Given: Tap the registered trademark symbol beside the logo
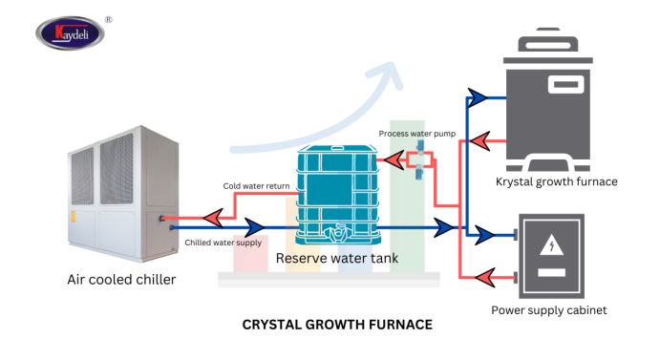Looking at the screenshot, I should (x=108, y=17).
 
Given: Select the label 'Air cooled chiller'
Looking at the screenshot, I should (x=121, y=280).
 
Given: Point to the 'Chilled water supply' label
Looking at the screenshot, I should (x=223, y=244).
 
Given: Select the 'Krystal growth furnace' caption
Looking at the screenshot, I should (x=556, y=181).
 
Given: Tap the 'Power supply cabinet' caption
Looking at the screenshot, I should (x=548, y=310).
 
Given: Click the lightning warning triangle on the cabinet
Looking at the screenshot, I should (x=550, y=245).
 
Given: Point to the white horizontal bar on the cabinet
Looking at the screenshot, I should (x=550, y=272).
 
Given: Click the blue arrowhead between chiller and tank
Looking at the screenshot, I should (x=253, y=228).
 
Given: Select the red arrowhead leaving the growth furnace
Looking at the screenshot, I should (x=483, y=143).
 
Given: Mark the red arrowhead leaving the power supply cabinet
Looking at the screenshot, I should (x=485, y=278).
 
